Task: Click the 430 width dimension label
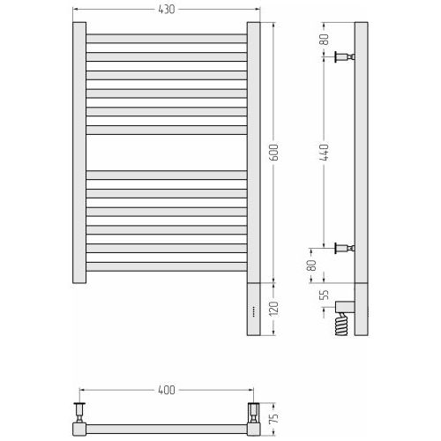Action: coord(167,10)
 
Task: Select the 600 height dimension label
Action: coord(273,153)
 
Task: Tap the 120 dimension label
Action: coord(273,309)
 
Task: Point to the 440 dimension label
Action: coord(324,152)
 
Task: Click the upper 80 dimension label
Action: coord(324,40)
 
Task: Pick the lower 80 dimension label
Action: coord(311,265)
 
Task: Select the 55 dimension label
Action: coord(324,295)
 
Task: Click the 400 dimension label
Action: coord(167,390)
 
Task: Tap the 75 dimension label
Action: coord(273,417)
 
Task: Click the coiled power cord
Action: coord(341,324)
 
